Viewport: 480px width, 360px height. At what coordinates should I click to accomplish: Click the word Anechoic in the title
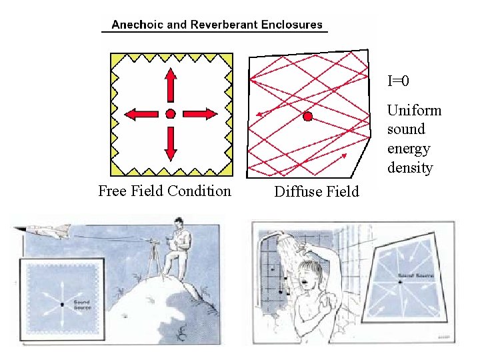[x=138, y=25]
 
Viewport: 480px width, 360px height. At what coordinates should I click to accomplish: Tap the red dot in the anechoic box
[x=171, y=114]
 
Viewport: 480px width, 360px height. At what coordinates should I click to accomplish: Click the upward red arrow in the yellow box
[x=171, y=84]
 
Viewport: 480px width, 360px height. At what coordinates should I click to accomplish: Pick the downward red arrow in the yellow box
[x=171, y=143]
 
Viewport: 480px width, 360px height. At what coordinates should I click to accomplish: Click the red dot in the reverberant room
[x=307, y=117]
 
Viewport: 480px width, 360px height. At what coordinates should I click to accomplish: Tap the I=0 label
[x=398, y=81]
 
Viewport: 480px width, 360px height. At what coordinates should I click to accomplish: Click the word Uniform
[x=413, y=110]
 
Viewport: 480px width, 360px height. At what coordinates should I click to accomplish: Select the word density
[x=409, y=167]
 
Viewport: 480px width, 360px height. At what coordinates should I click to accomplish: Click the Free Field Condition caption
[x=165, y=191]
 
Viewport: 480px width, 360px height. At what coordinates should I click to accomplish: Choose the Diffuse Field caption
[x=317, y=192]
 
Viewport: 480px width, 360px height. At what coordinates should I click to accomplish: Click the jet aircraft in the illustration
[x=50, y=231]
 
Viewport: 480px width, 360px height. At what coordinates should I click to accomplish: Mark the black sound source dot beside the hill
[x=61, y=304]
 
